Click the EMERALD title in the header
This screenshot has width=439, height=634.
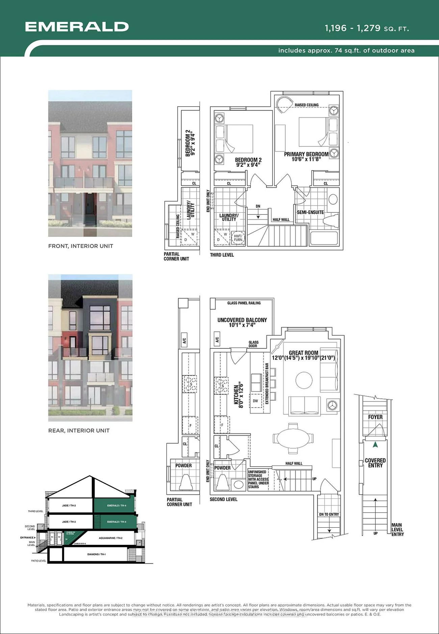pos(77,27)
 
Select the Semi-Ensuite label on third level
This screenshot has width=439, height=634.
pos(310,212)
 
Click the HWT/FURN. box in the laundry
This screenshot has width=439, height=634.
pos(238,238)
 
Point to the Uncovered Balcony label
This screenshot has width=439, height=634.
pos(242,322)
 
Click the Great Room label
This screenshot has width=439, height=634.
pos(303,353)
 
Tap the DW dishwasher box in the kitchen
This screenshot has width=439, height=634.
pos(256,401)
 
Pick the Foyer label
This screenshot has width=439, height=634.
pos(375,417)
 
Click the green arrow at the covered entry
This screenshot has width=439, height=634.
pos(375,445)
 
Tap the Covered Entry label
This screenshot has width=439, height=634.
pos(375,463)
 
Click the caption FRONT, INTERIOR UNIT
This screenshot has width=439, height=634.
pos(81,246)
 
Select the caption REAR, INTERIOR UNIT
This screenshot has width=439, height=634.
pos(79,430)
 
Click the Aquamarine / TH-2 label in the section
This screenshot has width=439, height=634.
pos(110,538)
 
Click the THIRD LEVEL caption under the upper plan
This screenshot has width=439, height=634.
pos(222,255)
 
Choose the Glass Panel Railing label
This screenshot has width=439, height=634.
pos(244,303)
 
